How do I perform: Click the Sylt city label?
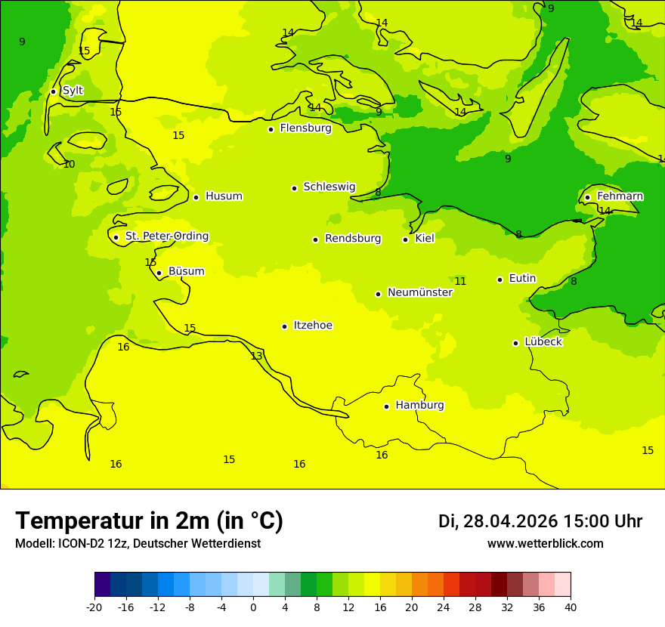pyautogui.click(x=73, y=91)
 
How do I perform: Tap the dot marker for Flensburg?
pyautogui.click(x=271, y=129)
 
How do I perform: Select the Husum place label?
pyautogui.click(x=224, y=196)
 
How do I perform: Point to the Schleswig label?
pyautogui.click(x=329, y=187)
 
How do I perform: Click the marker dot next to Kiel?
pyautogui.click(x=405, y=239)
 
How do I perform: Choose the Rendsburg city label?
pyautogui.click(x=353, y=239)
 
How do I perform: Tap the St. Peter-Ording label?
pyautogui.click(x=166, y=236)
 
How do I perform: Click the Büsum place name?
pyautogui.click(x=186, y=271)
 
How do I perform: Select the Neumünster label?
pyautogui.click(x=419, y=292)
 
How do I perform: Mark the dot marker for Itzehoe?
pyautogui.click(x=284, y=326)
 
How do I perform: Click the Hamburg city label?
pyautogui.click(x=419, y=405)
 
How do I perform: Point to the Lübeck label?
pyautogui.click(x=543, y=341)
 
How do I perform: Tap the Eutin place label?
pyautogui.click(x=522, y=279)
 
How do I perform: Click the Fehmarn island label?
pyautogui.click(x=620, y=196)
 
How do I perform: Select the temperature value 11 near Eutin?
pyautogui.click(x=460, y=282)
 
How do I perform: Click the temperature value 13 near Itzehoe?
pyautogui.click(x=256, y=356)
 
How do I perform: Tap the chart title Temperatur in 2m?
pyautogui.click(x=149, y=520)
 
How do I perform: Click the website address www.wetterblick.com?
pyautogui.click(x=545, y=544)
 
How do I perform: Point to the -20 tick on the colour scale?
pyautogui.click(x=94, y=607)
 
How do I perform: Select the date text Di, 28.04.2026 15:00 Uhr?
pyautogui.click(x=540, y=521)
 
